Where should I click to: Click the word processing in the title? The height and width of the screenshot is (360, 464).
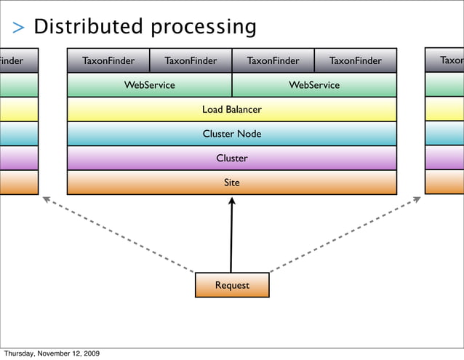point(203,28)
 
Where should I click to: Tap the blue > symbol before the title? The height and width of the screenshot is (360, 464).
point(19,28)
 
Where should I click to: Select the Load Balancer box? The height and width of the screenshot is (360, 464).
point(231,110)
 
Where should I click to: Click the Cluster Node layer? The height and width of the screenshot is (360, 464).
point(231,134)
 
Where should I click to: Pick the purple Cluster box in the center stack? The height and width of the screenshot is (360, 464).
point(231,158)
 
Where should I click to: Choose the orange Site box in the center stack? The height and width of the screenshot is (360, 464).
point(231,183)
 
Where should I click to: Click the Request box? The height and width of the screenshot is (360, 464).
point(232,285)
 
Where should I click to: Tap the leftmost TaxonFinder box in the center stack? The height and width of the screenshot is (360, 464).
point(108,61)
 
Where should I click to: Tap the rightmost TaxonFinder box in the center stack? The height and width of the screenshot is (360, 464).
point(356,61)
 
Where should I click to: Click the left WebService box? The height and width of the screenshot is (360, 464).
point(149,85)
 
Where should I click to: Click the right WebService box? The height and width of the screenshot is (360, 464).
point(314,85)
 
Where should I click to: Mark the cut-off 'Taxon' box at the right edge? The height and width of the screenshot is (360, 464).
point(444,61)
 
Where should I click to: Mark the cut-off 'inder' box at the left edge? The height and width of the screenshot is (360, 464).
point(18,61)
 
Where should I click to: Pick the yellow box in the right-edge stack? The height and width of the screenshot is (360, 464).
point(444,110)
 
